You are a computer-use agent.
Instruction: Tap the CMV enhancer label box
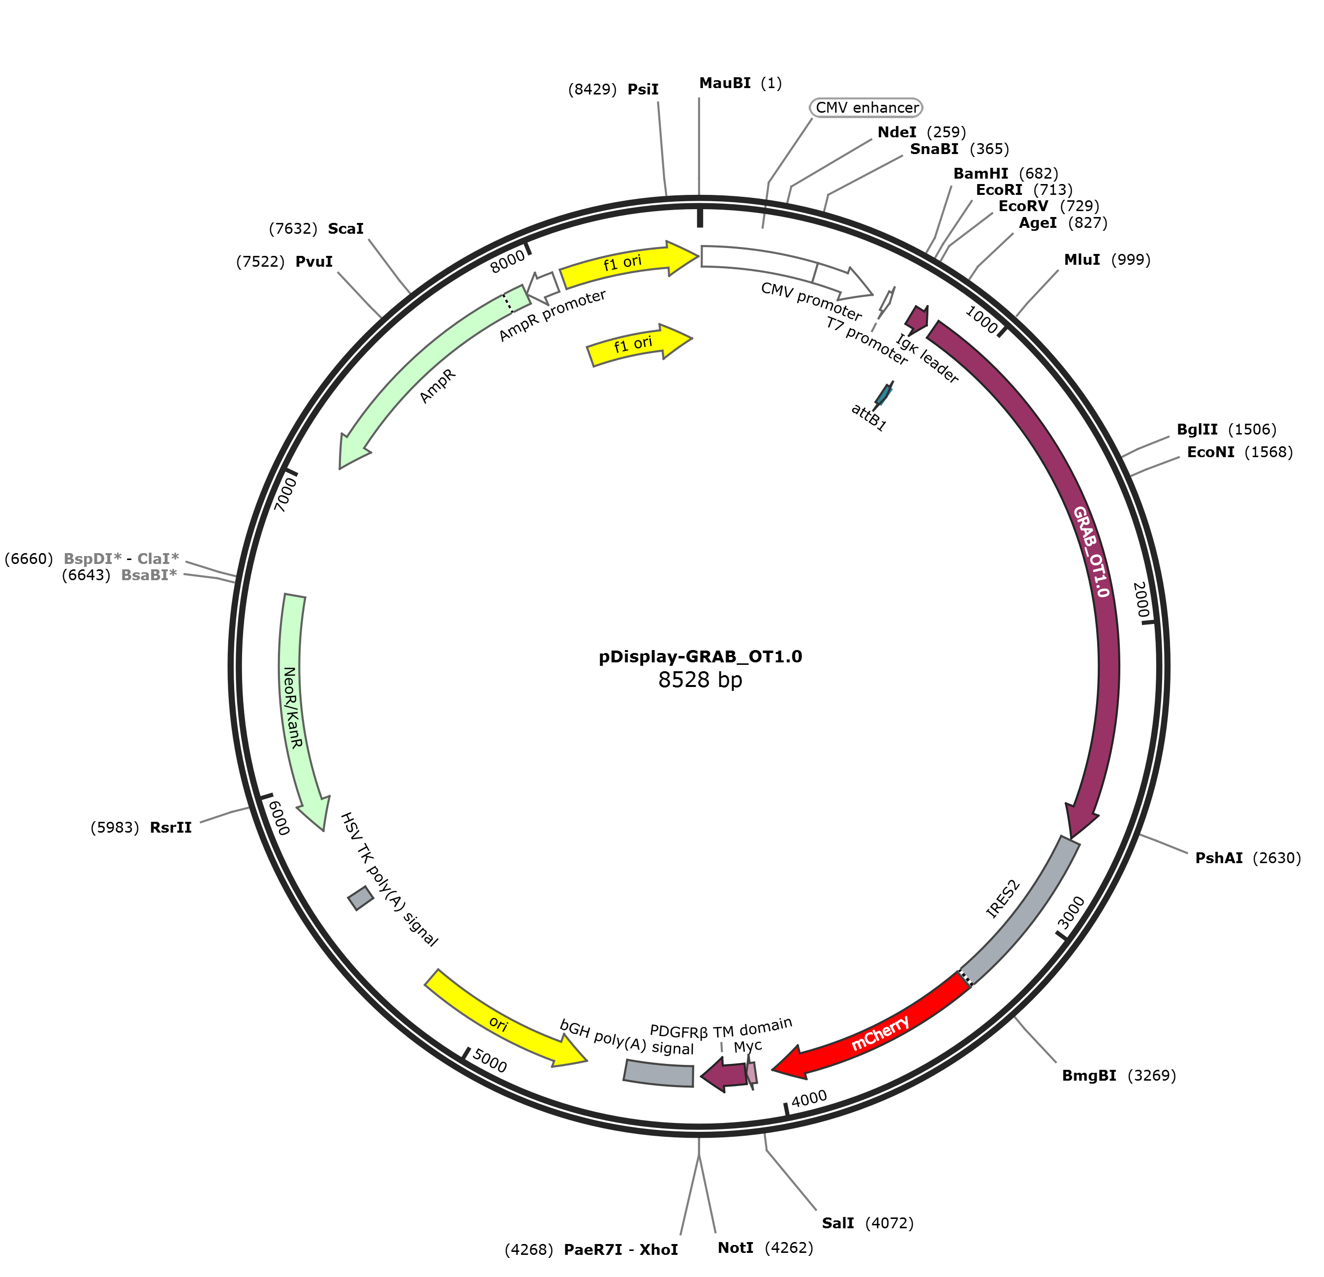pyautogui.click(x=866, y=107)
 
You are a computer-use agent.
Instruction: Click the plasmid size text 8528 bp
pyautogui.click(x=700, y=679)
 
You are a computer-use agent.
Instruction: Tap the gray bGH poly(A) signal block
pyautogui.click(x=658, y=1073)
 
